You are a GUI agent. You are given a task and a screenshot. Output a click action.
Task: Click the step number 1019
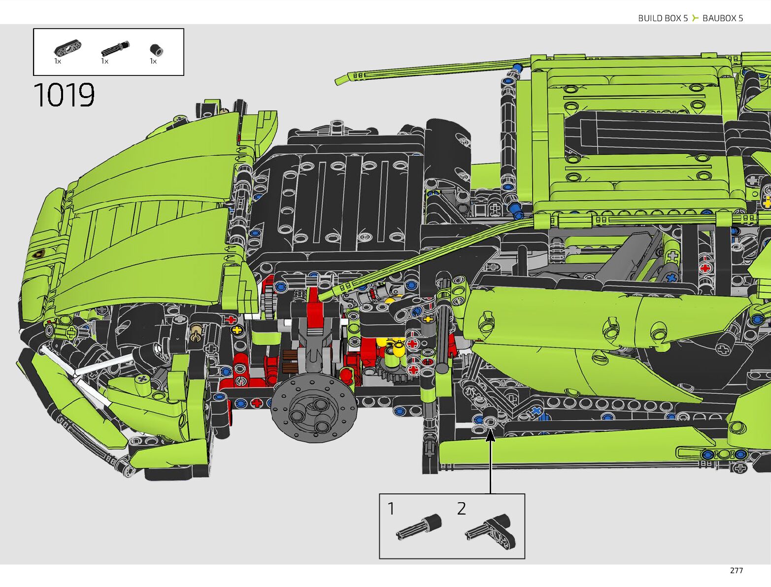click(64, 95)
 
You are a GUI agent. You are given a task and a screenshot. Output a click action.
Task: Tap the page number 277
click(736, 570)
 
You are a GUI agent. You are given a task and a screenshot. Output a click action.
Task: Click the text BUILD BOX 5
click(663, 18)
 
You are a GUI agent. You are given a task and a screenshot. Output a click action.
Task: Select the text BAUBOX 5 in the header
click(723, 18)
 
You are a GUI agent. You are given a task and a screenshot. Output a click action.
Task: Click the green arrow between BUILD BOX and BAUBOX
click(695, 18)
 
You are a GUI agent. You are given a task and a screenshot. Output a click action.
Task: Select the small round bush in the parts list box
click(156, 50)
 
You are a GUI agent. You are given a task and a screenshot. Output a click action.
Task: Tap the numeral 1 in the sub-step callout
click(391, 509)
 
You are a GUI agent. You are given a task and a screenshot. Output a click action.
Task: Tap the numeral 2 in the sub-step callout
click(461, 509)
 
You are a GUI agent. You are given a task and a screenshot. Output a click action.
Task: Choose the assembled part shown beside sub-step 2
click(492, 530)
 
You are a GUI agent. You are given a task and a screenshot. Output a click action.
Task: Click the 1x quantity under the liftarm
click(58, 62)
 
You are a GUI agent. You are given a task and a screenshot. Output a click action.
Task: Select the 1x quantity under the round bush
click(153, 62)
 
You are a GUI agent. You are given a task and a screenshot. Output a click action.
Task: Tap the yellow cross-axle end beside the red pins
click(237, 330)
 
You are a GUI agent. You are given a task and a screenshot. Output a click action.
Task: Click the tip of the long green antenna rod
click(340, 80)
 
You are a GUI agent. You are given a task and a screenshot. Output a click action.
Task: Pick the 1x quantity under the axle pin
click(104, 62)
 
